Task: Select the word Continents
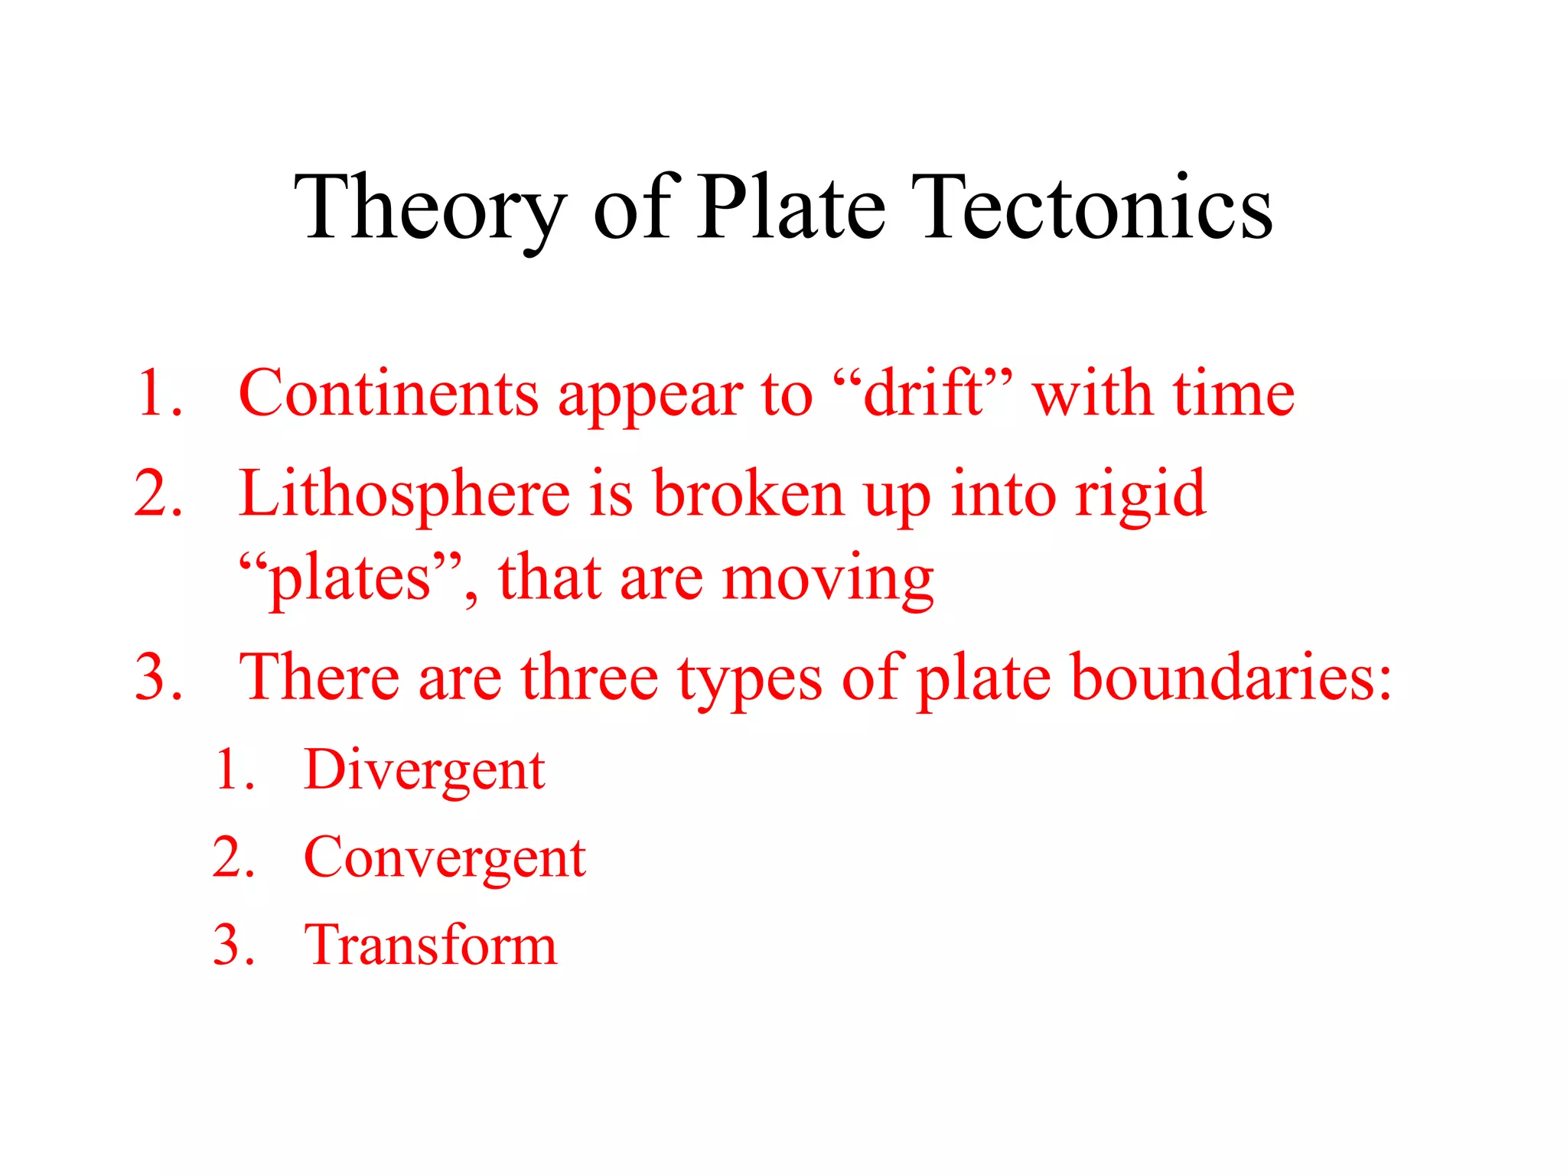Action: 389,394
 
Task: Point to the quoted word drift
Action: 921,394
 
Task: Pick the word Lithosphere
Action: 404,495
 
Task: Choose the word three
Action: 589,678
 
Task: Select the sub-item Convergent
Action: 445,858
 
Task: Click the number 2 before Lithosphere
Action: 158,495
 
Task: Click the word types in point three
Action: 749,679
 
